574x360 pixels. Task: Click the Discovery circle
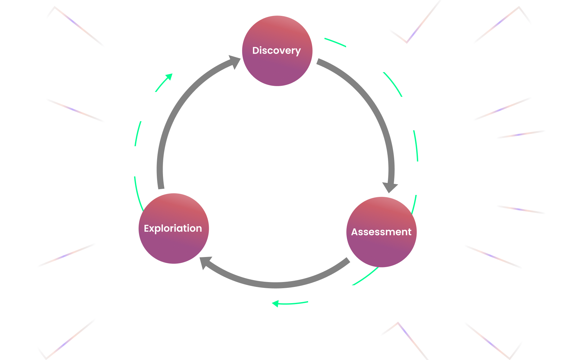(x=277, y=51)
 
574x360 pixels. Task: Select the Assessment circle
(x=381, y=232)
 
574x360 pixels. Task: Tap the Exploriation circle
(x=173, y=228)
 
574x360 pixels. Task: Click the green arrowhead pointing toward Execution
(x=169, y=77)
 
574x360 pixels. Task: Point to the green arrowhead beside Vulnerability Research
(x=275, y=303)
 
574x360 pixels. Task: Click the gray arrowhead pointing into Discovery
(x=234, y=61)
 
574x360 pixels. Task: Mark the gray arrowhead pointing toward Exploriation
(x=206, y=262)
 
